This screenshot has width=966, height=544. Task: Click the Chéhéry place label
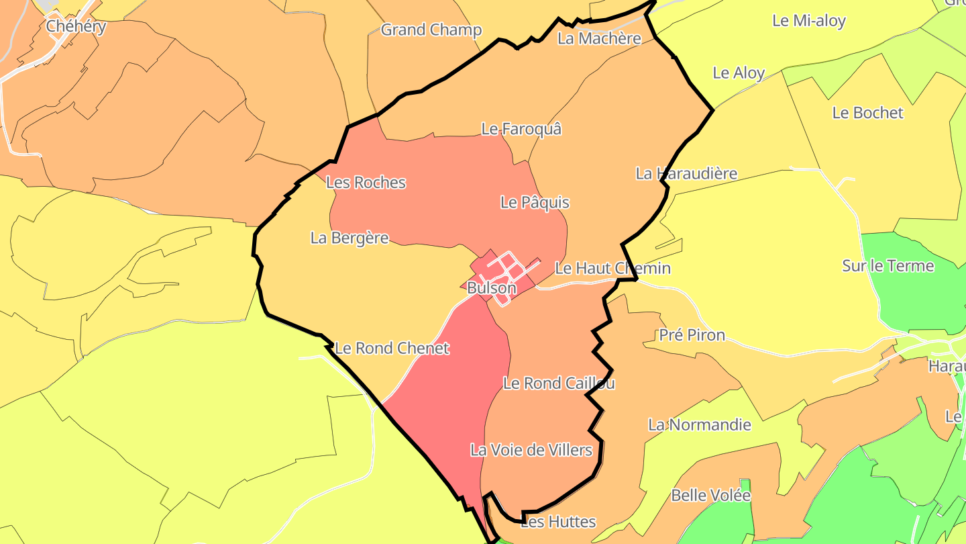76,26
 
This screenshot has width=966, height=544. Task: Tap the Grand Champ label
431,30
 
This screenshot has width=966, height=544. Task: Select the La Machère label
599,38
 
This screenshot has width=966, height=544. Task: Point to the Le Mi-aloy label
808,20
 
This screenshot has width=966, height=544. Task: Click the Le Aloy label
738,73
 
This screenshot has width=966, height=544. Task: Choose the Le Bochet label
867,112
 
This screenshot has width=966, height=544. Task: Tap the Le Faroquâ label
521,128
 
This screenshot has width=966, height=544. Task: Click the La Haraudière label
686,173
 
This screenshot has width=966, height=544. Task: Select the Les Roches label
366,182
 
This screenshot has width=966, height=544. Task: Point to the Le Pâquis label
535,202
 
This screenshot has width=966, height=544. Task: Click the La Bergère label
350,238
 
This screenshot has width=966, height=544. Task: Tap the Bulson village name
492,288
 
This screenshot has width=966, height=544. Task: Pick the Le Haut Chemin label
612,268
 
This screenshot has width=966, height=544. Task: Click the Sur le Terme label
888,265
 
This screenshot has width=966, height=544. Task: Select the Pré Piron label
692,334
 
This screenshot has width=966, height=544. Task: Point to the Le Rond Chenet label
392,348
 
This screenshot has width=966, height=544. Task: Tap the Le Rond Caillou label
559,383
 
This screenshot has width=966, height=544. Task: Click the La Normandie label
699,424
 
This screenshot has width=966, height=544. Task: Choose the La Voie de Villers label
531,449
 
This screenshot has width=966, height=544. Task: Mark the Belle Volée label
710,495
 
